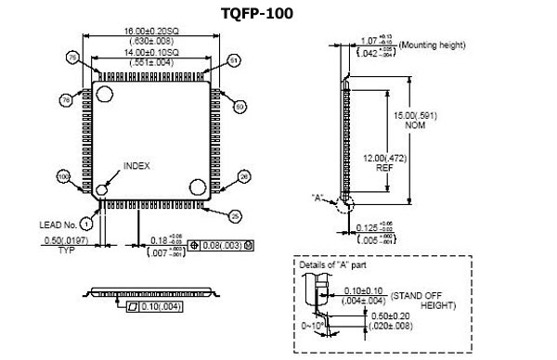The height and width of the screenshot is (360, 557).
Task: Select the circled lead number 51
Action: [x=234, y=60]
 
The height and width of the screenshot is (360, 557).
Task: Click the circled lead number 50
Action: [x=240, y=107]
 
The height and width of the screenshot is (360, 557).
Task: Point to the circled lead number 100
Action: [x=64, y=175]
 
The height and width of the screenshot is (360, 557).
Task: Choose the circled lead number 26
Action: [x=245, y=175]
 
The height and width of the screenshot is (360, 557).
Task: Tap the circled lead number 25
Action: [x=234, y=216]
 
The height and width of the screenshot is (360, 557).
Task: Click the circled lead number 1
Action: [x=86, y=223]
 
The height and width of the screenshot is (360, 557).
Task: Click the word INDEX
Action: [x=136, y=165]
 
